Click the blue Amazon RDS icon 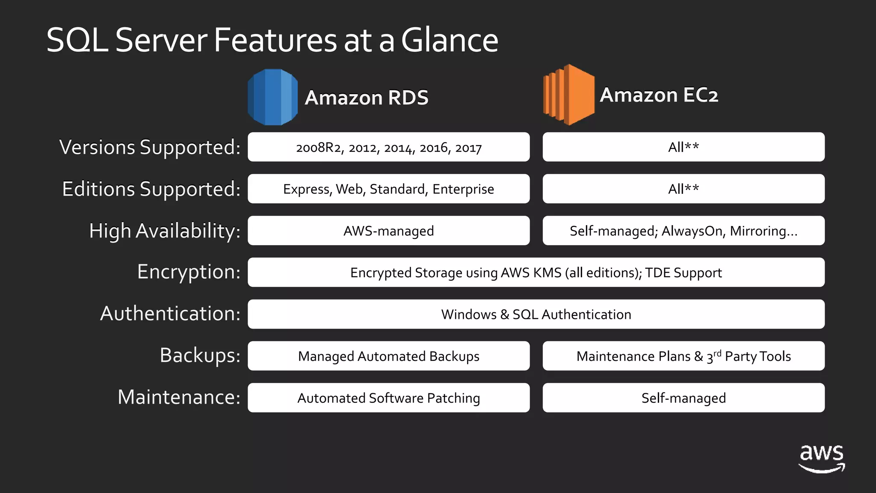272,97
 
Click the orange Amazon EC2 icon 568,95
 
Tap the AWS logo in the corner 822,458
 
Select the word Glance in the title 450,40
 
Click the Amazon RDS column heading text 367,98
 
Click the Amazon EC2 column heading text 659,95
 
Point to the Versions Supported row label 150,147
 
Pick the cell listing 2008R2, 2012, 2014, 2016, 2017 388,147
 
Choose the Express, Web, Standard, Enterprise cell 388,189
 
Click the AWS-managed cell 388,231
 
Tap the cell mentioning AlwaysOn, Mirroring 684,231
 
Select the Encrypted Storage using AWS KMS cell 536,273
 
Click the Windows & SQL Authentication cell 536,314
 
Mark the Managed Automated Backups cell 388,356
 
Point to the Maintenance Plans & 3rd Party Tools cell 684,356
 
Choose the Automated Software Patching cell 388,398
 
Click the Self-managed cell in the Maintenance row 684,398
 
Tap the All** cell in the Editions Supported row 684,189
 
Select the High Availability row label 165,231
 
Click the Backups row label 200,355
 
